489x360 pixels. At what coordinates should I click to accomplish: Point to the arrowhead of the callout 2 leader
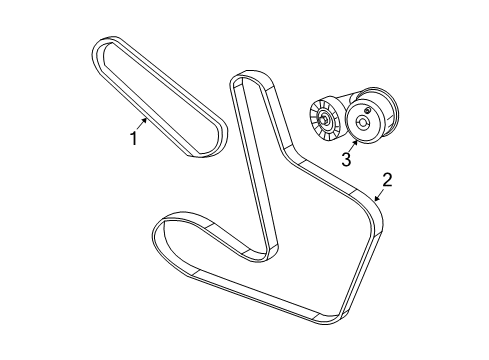pyautogui.click(x=373, y=201)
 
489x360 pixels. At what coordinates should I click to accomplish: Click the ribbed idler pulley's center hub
pyautogui.click(x=327, y=120)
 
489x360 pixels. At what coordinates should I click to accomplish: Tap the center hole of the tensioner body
pyautogui.click(x=362, y=124)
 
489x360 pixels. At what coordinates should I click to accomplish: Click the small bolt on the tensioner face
pyautogui.click(x=370, y=109)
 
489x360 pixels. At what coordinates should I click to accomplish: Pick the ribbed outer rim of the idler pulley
pyautogui.click(x=315, y=113)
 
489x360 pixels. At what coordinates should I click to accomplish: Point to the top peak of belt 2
pyautogui.click(x=245, y=79)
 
